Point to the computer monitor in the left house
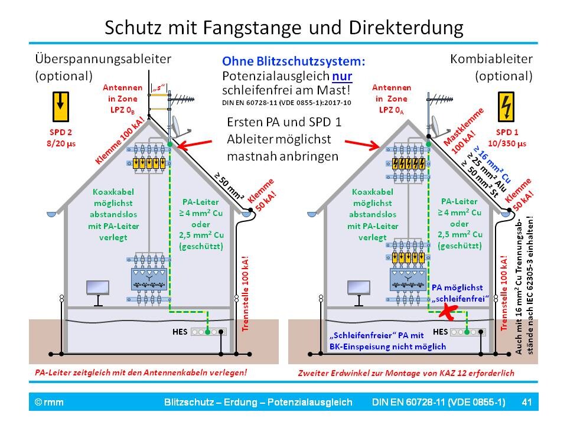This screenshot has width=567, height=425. coord(97,288)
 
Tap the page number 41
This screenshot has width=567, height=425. coord(527,403)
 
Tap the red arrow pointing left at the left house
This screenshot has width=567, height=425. coord(195,145)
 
